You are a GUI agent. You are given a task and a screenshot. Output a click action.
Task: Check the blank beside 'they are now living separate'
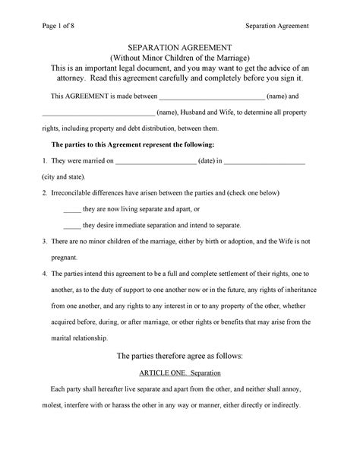tap(71, 210)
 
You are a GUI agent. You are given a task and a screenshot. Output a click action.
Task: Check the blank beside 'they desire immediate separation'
tap(71, 226)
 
